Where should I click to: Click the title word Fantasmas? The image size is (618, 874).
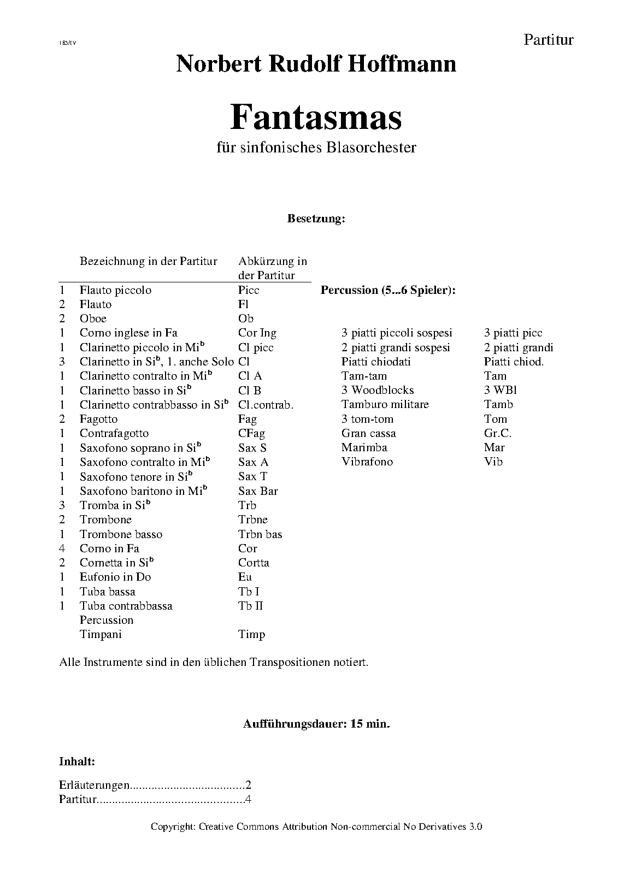316,117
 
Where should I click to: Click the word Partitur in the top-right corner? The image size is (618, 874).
548,40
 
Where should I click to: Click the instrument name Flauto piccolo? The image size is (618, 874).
115,290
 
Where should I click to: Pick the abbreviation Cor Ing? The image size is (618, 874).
257,333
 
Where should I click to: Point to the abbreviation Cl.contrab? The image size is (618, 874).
266,405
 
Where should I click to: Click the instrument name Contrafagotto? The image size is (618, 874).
114,433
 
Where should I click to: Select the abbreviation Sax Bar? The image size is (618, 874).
258,491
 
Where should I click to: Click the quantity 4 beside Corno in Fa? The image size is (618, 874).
62,548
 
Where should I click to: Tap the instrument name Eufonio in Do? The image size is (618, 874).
115,577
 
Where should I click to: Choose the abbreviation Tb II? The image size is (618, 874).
251,606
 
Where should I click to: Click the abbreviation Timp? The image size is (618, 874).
251,634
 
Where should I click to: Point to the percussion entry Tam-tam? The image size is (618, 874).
364,376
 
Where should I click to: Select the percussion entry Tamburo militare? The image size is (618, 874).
385,404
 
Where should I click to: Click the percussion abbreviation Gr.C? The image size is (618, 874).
497,433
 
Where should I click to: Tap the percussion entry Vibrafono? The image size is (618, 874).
367,462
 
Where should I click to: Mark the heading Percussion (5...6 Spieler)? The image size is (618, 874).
388,290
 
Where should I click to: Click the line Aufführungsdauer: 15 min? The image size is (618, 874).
316,724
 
